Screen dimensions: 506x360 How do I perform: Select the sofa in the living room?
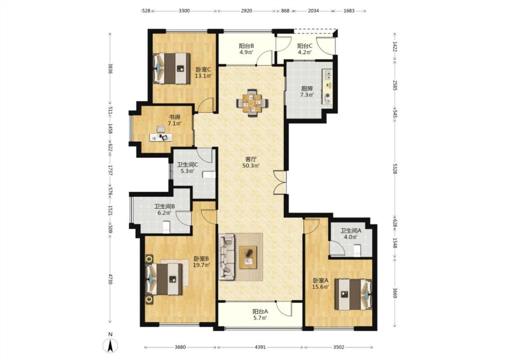pos(227,257)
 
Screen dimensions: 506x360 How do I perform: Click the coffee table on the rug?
pos(248,257)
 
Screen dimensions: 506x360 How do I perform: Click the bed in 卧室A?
pos(353,294)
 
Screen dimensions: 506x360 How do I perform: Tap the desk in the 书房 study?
pos(161,138)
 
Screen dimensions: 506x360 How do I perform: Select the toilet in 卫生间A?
pos(357,251)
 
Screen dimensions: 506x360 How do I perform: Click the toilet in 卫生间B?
pos(166,226)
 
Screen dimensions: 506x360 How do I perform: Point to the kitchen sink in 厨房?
pos(328,75)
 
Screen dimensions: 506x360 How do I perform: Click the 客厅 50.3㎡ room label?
pos(251,162)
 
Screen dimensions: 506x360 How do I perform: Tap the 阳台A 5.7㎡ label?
pos(260,315)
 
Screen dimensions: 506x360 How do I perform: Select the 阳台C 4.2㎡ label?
pos(304,49)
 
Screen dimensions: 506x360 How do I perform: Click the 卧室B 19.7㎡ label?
pos(202,262)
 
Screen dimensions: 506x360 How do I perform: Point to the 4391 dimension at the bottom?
pos(260,347)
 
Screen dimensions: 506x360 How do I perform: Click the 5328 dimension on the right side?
pos(395,169)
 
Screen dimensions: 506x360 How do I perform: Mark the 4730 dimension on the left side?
pos(110,279)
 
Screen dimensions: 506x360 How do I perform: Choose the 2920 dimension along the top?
pos(246,11)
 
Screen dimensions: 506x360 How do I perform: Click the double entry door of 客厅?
pos(279,182)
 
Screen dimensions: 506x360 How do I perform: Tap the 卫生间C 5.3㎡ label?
pos(188,168)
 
